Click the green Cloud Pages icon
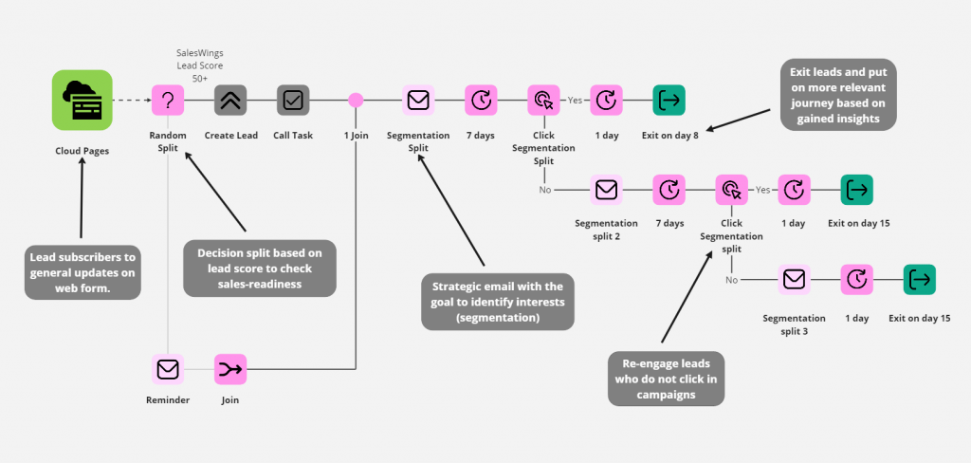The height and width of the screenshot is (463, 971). [x=82, y=100]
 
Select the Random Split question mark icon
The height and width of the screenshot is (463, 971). [x=168, y=100]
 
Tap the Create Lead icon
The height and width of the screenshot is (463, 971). [x=230, y=100]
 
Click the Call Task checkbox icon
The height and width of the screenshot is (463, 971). [x=293, y=100]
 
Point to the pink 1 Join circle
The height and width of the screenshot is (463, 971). [x=356, y=100]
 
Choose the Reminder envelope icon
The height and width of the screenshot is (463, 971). [x=168, y=368]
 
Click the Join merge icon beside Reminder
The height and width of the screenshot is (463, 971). [x=230, y=368]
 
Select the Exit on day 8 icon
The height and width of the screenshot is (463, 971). [x=669, y=100]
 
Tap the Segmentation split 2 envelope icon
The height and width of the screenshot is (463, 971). [x=606, y=190]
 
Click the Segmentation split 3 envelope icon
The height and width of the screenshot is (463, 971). [x=794, y=280]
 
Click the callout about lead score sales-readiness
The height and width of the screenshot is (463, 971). [x=259, y=268]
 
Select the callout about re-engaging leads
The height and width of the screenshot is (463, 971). [x=665, y=379]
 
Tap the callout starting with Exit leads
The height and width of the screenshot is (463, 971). [x=837, y=96]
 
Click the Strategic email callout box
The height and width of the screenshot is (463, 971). [x=497, y=302]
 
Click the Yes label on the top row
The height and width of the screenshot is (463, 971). [x=575, y=100]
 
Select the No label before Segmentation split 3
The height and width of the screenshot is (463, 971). [x=731, y=280]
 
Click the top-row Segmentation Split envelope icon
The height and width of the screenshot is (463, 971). [x=418, y=100]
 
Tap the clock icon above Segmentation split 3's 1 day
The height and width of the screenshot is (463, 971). [x=856, y=280]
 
